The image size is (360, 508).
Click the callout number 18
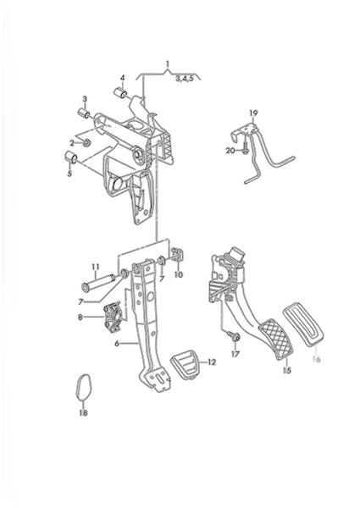(83, 413)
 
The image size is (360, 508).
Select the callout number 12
(211, 362)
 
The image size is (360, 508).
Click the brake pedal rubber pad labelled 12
(184, 367)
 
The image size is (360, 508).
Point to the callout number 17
(235, 354)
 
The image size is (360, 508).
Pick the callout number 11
(95, 267)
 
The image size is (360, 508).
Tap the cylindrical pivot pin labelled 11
(99, 281)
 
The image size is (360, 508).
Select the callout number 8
(80, 317)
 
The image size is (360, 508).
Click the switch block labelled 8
(114, 317)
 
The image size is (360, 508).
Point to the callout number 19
(253, 113)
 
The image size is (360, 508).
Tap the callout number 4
(123, 78)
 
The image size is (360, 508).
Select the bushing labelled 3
(85, 113)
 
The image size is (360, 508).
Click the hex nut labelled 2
(86, 142)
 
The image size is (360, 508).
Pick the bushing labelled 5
(70, 157)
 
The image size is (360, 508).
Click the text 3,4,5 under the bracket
(185, 79)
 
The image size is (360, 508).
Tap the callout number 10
(179, 274)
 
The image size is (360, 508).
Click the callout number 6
(117, 344)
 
